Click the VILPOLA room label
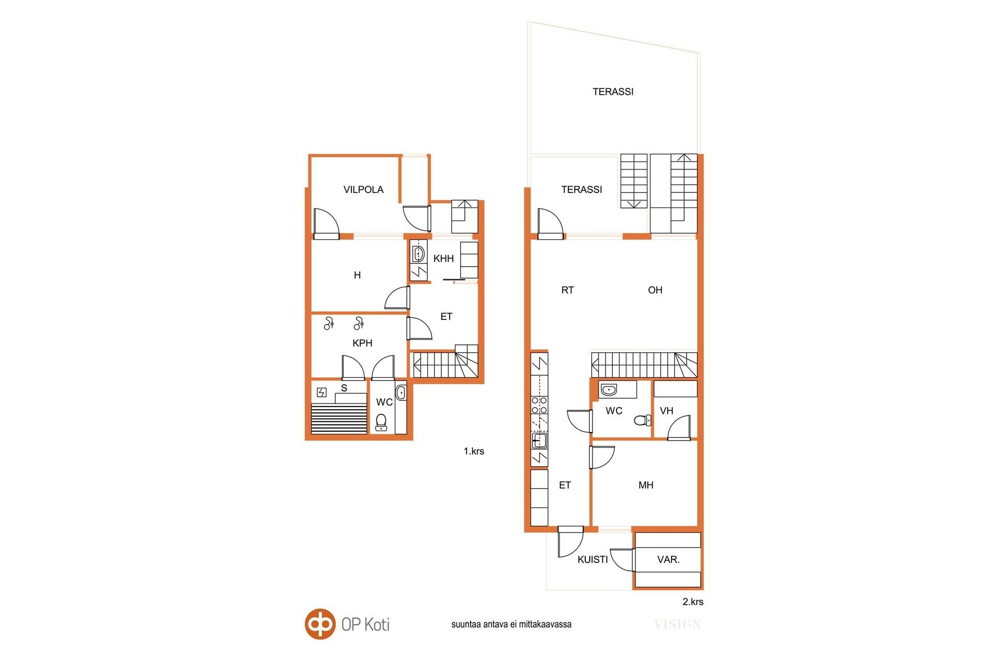point(363,190)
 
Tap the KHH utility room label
point(443,258)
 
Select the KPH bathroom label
point(362,343)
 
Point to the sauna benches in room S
point(339,418)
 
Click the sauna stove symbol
point(322,392)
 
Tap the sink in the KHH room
point(418,255)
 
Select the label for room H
point(357,275)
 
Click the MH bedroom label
point(646,485)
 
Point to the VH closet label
point(666,411)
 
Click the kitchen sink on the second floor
point(539,441)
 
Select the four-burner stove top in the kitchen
point(539,406)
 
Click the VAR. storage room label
point(668,560)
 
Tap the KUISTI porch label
point(592,560)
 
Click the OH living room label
point(655,290)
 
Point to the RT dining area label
point(567,290)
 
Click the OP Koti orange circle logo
point(320,624)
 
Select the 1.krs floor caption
point(474,451)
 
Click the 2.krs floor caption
point(693,602)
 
